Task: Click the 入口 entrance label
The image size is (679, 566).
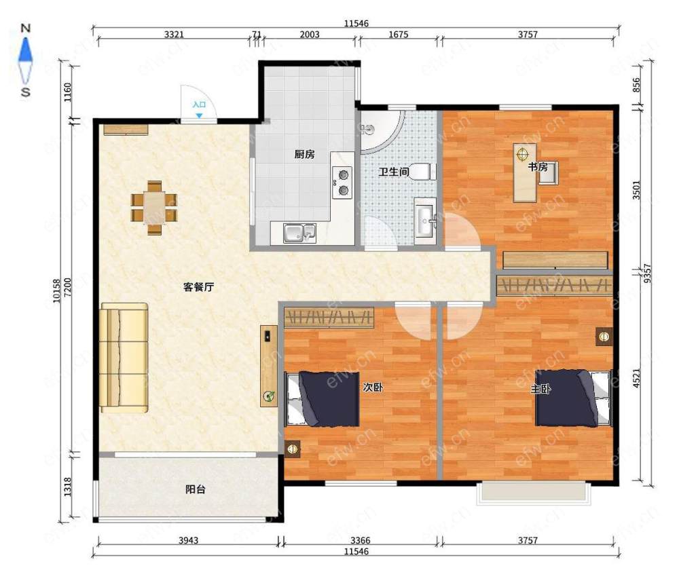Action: pos(199,105)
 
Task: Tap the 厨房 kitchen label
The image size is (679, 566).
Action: pos(304,154)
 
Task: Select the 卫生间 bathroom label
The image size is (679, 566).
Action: pos(394,172)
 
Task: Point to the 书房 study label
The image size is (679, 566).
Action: pos(538,166)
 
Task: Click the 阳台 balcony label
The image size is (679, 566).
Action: pos(196,489)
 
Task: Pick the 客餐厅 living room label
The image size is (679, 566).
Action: pos(199,287)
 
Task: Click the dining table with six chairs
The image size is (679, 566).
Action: pos(154,208)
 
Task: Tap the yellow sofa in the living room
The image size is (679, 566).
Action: pos(124,358)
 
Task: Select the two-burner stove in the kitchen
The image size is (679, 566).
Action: pos(342,182)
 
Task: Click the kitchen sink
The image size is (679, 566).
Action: pos(299,233)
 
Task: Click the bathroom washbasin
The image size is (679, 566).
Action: pos(425,221)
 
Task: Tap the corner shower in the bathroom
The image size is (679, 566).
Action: pos(382,132)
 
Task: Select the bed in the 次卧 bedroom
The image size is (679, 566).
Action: pos(322,399)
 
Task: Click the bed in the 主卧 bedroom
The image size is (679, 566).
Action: pos(573,398)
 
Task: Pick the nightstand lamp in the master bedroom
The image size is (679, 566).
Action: pos(603,336)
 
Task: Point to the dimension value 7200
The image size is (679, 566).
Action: pos(67,288)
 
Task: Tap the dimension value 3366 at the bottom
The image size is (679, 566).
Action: pos(361,540)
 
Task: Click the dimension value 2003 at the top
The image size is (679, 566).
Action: pos(310,35)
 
